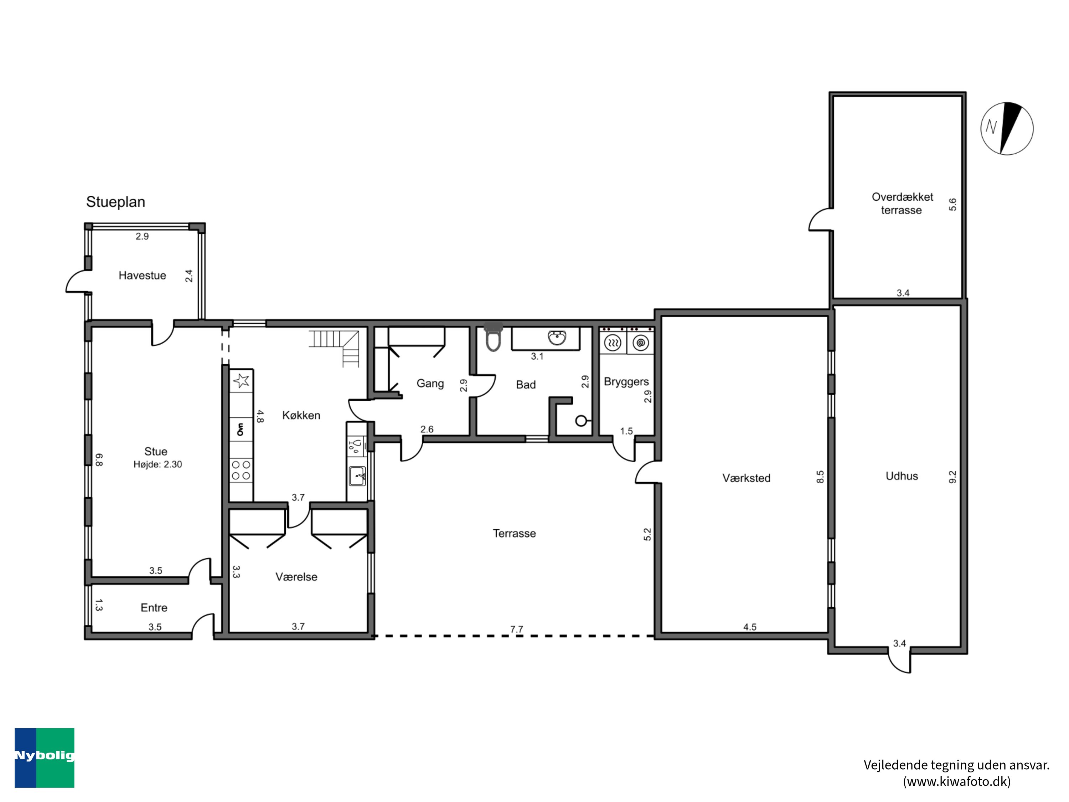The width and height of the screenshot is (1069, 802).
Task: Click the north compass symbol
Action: click(1007, 129)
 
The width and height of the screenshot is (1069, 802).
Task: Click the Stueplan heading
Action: click(115, 202)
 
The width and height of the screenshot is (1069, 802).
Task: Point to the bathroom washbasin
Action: click(558, 338)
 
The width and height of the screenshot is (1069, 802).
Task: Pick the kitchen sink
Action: click(357, 477)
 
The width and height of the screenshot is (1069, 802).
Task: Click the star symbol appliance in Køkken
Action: click(241, 381)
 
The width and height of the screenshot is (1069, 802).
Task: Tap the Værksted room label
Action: click(746, 478)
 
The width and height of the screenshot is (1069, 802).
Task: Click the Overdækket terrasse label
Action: click(902, 204)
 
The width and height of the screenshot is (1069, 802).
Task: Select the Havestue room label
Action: click(142, 276)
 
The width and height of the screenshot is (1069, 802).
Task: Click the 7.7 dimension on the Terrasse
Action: click(517, 629)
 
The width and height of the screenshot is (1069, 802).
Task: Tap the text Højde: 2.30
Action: click(157, 464)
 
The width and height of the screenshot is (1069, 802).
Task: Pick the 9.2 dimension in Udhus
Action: click(952, 477)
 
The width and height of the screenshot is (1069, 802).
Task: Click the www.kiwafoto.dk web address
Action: click(957, 782)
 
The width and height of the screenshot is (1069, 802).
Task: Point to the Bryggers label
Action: click(626, 382)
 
